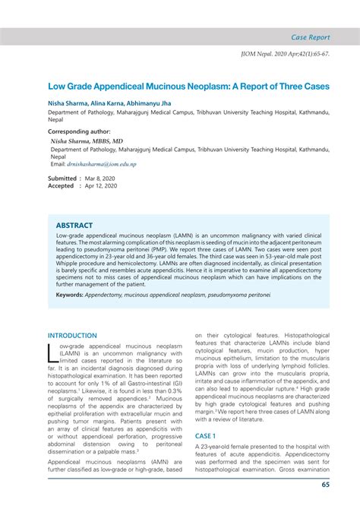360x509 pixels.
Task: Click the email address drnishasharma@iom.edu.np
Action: pyautogui.click(x=106, y=164)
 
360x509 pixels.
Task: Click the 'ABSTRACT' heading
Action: pyautogui.click(x=74, y=226)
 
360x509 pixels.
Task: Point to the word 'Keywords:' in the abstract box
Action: pyautogui.click(x=70, y=294)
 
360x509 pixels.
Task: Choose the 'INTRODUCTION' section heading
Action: pyautogui.click(x=73, y=335)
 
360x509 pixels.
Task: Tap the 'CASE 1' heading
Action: pyautogui.click(x=205, y=436)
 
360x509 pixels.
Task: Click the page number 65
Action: pyautogui.click(x=325, y=485)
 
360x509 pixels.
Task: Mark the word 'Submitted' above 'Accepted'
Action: pyautogui.click(x=62, y=177)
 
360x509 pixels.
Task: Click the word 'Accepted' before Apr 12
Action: pyautogui.click(x=62, y=185)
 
